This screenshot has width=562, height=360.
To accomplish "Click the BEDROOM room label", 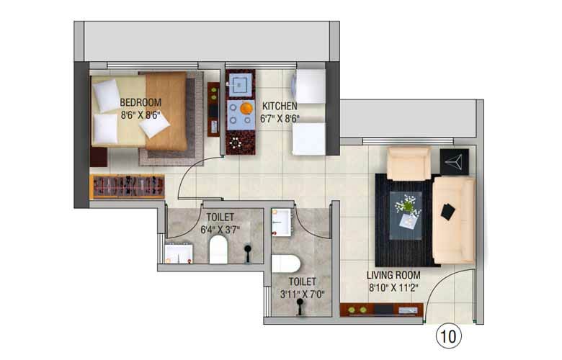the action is point(140,102).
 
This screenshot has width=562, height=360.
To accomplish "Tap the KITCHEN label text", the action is point(280,106).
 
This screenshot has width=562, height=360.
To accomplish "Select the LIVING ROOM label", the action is point(393,275).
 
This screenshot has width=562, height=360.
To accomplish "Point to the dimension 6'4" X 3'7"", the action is point(220,230).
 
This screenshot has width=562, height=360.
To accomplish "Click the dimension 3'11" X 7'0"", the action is point(302,294).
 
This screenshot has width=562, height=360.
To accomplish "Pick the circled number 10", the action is point(448,337).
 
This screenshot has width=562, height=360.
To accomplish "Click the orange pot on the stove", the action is point(246,108).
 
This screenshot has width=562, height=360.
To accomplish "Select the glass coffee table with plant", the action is point(406,215).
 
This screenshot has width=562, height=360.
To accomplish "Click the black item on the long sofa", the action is point(448,212).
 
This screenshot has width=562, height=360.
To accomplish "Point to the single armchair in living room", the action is point(409,163).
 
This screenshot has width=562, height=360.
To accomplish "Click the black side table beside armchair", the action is point(454,162).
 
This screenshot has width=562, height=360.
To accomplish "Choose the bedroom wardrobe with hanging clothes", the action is point(128,186).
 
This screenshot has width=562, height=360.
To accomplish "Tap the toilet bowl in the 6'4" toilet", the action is point(218,249).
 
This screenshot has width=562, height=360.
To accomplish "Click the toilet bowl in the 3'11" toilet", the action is point(285,264).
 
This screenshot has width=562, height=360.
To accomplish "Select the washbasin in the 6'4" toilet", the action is point(179,253).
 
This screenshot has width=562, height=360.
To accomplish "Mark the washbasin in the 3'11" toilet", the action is point(281,222).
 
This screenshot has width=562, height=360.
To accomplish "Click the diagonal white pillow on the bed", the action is point(154,125).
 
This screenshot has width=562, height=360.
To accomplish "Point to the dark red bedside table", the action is point(99,157).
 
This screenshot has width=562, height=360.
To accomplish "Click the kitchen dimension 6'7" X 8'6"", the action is point(280,119).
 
